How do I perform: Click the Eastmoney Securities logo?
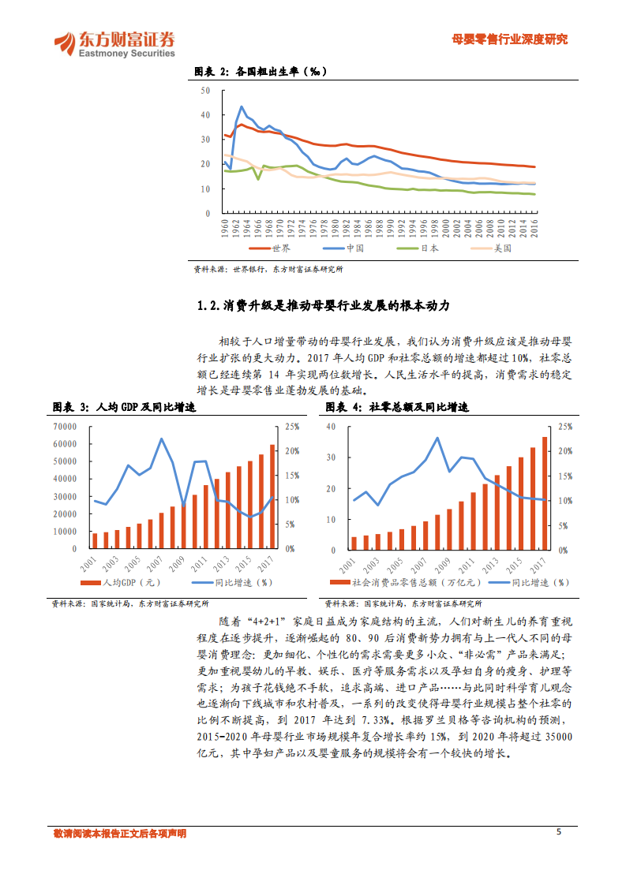point(114,44)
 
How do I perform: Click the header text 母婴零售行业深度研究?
point(509,39)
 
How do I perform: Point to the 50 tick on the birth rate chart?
point(206,91)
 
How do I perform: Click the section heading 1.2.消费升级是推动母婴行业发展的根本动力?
point(328,305)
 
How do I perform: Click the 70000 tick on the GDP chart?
point(65,426)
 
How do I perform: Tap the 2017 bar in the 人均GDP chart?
point(272,496)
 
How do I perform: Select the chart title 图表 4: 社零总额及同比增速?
point(397,408)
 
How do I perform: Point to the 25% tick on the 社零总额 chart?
point(565,426)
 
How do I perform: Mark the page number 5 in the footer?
point(560,831)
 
